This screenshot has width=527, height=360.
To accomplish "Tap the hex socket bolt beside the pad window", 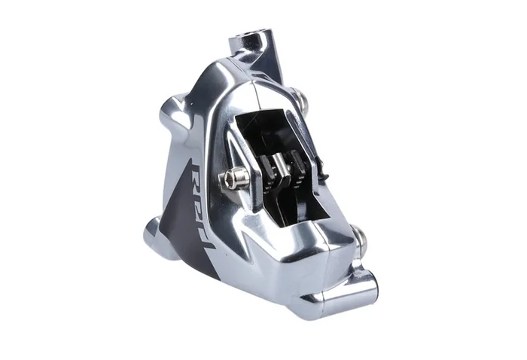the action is (x=233, y=178).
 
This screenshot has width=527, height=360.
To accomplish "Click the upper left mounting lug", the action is (x=174, y=111).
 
